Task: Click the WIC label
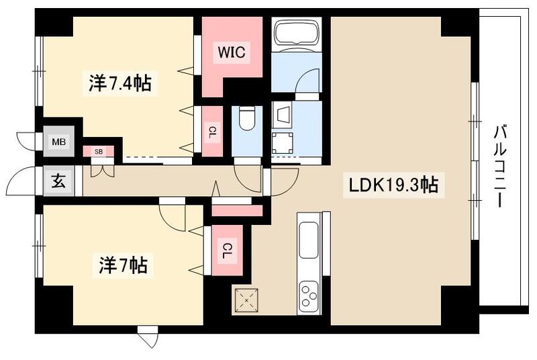(x=231, y=51)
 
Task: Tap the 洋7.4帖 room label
(x=119, y=83)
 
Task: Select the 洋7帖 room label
(x=119, y=267)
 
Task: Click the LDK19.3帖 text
(x=394, y=185)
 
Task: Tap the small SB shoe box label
(x=98, y=152)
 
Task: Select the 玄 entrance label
(x=58, y=181)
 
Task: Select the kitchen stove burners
(x=310, y=296)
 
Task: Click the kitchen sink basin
(x=310, y=238)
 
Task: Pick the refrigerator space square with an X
(x=246, y=300)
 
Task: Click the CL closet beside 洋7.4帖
(x=212, y=131)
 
